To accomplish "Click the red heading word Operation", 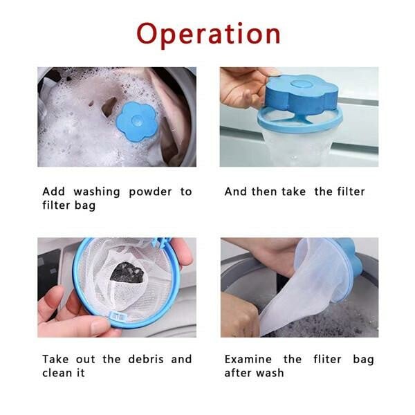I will coord(208,34).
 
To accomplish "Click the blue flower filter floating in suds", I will coord(137,121).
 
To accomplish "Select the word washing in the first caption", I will coord(93,192).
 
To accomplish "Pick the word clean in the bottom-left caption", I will coord(56,373).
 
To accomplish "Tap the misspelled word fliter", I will coord(329,359).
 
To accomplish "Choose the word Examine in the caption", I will coord(248,359).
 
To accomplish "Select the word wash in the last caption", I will coord(272,373).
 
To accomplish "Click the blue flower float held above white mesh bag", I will coord(302,95).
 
